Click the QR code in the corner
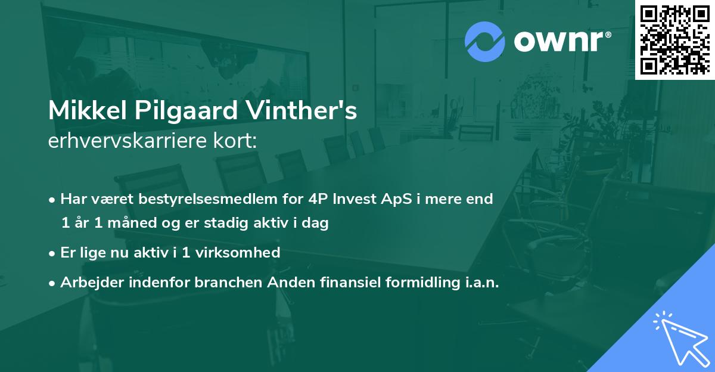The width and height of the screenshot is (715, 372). coord(674,39)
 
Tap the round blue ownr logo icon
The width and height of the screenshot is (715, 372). coord(485,41)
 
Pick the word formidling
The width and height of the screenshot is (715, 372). coord(416,283)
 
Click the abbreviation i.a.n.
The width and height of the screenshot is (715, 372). coord(481,283)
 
